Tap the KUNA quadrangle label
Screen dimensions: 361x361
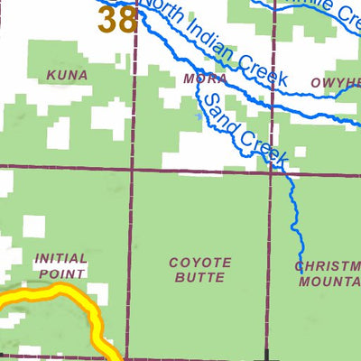point(69,76)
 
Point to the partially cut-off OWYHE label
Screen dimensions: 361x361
point(335,82)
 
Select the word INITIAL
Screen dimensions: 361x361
point(61,258)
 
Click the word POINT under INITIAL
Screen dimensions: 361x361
point(61,273)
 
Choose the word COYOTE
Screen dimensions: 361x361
point(200,263)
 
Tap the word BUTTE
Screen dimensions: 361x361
point(200,278)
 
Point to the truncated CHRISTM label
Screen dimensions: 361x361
point(329,265)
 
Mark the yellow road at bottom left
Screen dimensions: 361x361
point(54,293)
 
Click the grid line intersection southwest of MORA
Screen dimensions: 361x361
point(134,169)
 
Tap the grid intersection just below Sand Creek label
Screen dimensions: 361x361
point(272,172)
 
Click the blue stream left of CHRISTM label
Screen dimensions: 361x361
point(299,239)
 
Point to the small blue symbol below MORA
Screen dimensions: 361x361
point(199,116)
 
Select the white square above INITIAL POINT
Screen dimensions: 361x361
point(34,226)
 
